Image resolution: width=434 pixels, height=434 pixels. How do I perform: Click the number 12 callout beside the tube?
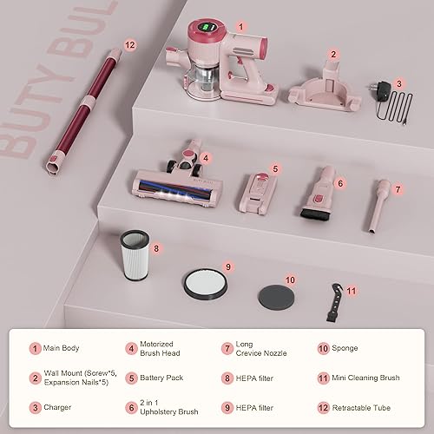[x=130, y=45]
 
